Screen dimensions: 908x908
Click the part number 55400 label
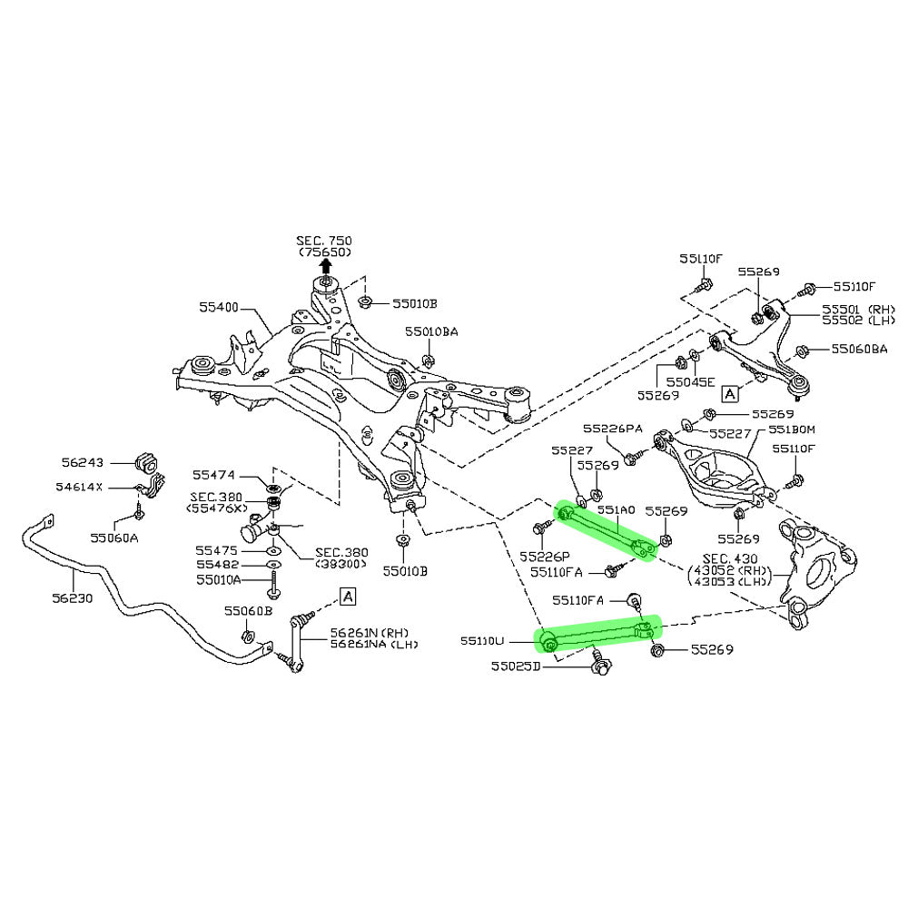[219, 308]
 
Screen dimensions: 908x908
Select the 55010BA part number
[431, 332]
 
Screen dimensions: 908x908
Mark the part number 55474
[214, 475]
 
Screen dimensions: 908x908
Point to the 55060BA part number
[854, 349]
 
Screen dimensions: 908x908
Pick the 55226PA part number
[613, 429]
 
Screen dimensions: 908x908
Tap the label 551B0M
[792, 429]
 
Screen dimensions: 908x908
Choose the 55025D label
[516, 666]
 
